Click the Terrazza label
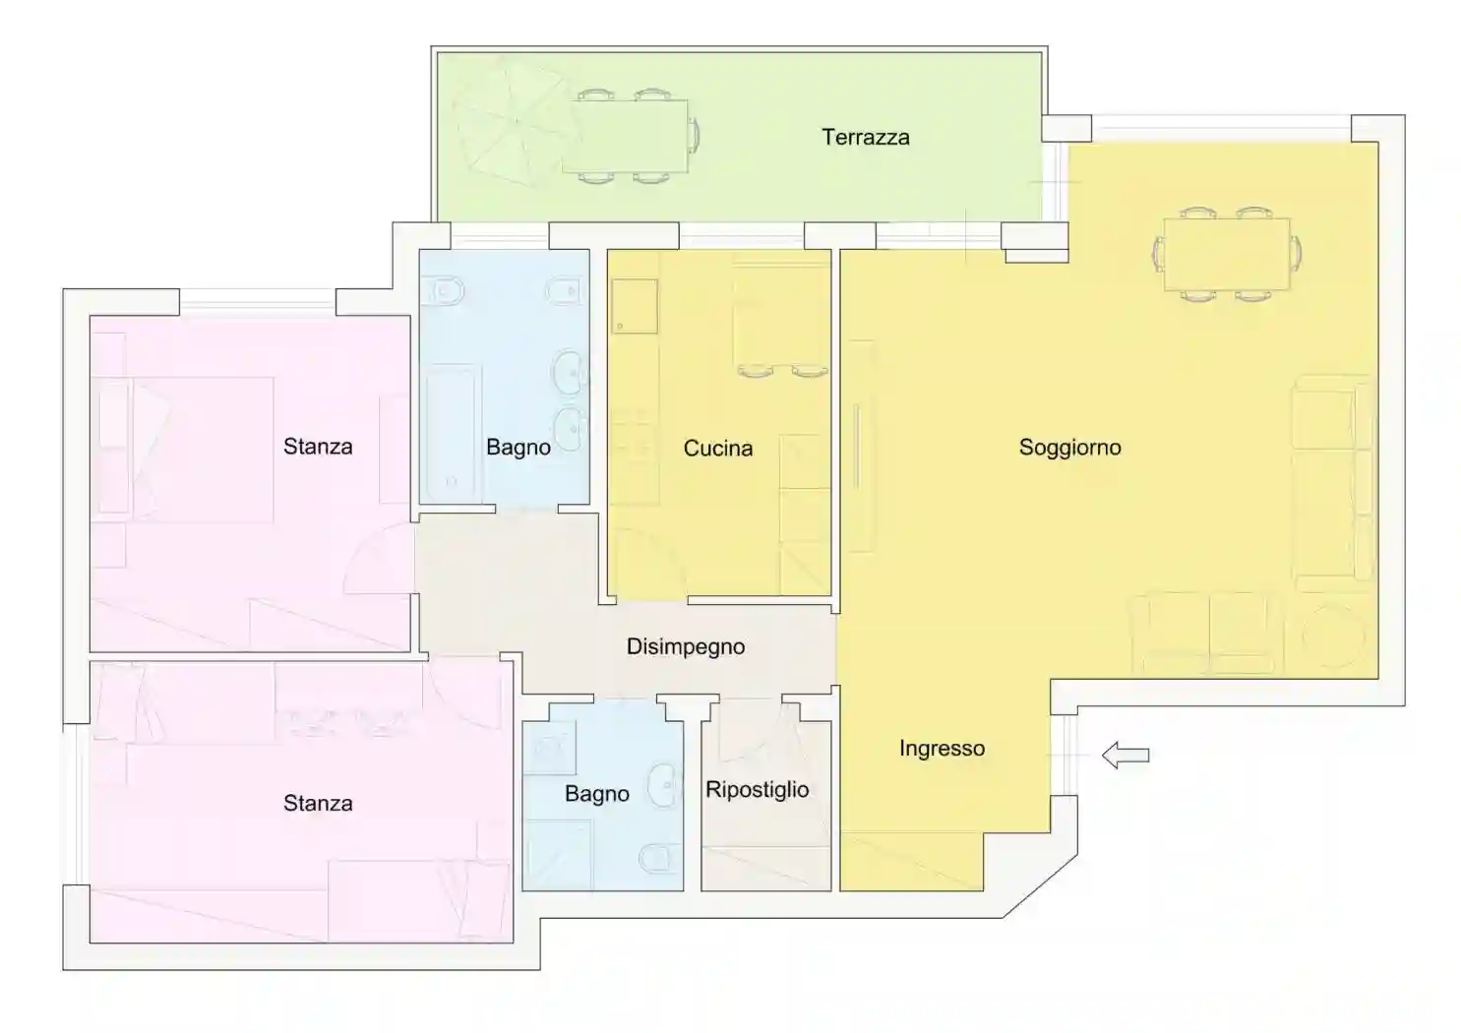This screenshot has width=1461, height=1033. point(866,137)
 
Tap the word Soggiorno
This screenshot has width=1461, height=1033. point(1070,448)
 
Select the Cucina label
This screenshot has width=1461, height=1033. point(718,448)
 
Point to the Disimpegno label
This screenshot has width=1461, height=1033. point(686,647)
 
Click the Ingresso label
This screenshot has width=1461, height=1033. point(942,749)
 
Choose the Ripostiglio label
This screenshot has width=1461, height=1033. point(758,790)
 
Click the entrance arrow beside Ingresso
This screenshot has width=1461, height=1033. point(1126,756)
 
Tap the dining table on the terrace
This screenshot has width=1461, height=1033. point(624,136)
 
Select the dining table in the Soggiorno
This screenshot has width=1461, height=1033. point(1227,254)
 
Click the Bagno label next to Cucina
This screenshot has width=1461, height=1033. point(518,448)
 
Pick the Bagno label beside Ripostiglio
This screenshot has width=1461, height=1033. point(597,794)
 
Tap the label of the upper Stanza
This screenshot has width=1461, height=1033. point(318,447)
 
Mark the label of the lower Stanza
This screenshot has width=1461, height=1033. point(318,804)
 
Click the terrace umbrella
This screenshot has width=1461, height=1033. point(512,121)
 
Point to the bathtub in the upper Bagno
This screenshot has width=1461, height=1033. point(454,433)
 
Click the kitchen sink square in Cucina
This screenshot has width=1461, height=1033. point(634,307)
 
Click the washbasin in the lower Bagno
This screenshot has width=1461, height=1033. point(664,784)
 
